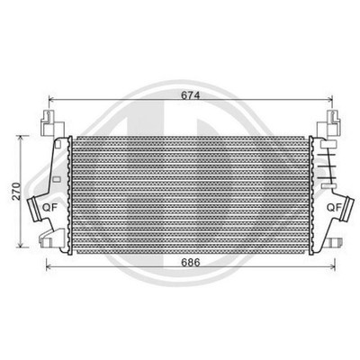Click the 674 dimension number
click(191, 95)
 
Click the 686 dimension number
click(191, 262)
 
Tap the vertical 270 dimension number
click(17, 191)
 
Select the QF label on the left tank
click(49, 207)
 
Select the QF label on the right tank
click(334, 207)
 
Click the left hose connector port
click(33, 210)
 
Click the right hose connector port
click(347, 208)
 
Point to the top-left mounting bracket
click(52, 124)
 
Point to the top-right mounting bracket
click(329, 124)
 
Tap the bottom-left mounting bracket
click(51, 238)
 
